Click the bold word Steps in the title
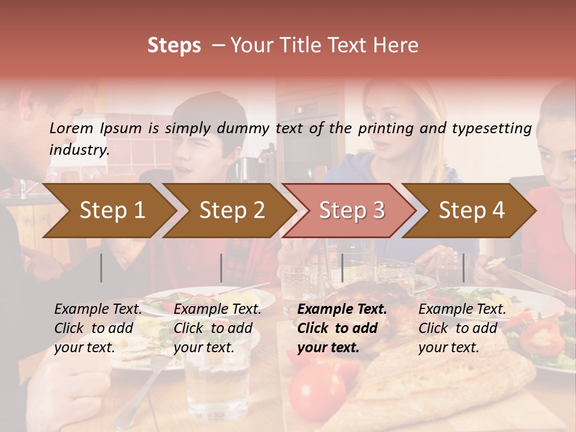pos(174,46)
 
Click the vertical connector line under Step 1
pos(101,268)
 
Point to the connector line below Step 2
pos(221,268)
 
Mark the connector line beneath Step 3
pos(342,268)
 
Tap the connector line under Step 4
pos(463,268)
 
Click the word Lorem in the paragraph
pos(71,128)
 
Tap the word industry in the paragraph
pos(79,150)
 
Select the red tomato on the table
pos(316,391)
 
